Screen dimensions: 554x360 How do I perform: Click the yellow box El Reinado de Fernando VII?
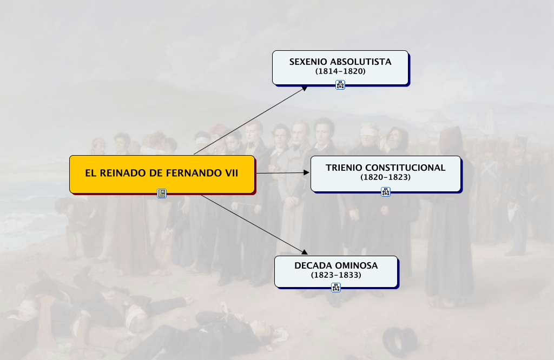tap(162, 174)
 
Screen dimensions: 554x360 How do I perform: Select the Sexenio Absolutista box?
tap(340, 67)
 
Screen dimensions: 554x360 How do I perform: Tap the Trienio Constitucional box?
tap(385, 173)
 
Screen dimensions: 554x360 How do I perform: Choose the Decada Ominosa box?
tap(336, 271)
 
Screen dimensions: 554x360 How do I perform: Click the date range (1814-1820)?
tap(340, 71)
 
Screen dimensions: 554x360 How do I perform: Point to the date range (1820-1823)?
tap(386, 177)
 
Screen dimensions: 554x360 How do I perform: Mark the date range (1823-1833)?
tap(336, 275)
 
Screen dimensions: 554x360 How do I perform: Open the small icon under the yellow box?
tap(162, 193)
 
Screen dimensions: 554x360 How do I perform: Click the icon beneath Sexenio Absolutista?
tap(340, 84)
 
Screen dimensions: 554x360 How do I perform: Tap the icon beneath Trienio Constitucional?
tap(385, 191)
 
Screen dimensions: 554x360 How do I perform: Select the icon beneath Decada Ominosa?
tap(336, 288)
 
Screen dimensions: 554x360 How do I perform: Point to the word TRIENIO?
tap(344, 168)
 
